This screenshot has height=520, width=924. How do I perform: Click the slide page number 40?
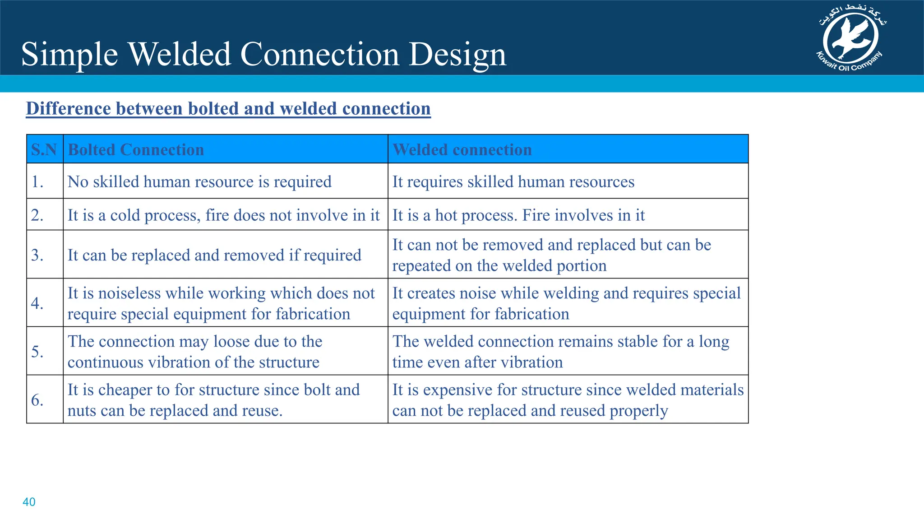(29, 502)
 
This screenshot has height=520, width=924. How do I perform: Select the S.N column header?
(44, 149)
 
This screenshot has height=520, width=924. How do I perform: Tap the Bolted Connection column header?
(136, 149)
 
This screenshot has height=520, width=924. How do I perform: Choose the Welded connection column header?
(462, 149)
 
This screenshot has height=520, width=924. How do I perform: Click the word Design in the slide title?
(457, 54)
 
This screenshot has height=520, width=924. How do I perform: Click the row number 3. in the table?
(37, 255)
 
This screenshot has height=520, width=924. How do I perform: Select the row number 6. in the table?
(37, 400)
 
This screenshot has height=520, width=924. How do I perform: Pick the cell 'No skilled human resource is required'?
(199, 181)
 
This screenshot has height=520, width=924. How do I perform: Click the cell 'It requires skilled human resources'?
(513, 181)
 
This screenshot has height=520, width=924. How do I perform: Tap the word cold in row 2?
(125, 215)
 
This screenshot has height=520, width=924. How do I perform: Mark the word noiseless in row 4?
(130, 293)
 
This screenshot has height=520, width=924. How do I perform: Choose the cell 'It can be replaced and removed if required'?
(214, 255)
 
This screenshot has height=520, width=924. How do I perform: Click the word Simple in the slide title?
(69, 54)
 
